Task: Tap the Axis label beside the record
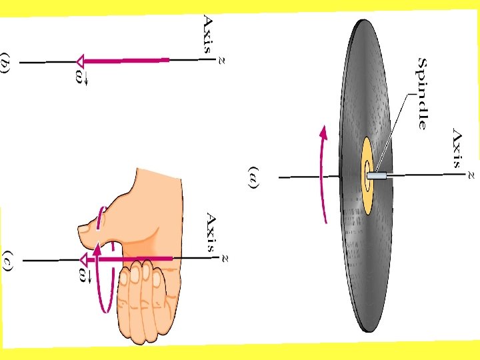pos(457,147)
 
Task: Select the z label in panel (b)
pos(221,61)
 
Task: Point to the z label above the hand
pos(224,257)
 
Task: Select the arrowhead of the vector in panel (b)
pos(81,61)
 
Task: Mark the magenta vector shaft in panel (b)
pos(127,61)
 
